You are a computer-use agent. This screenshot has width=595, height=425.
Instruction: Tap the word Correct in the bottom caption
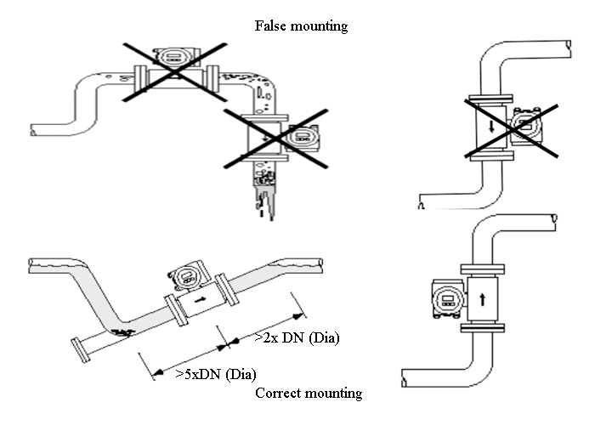point(279,394)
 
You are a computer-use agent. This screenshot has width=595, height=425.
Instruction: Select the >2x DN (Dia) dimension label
point(297,339)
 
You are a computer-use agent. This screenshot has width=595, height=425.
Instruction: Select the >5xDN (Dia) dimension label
point(216,373)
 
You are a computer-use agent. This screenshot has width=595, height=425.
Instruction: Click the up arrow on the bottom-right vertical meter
point(484,298)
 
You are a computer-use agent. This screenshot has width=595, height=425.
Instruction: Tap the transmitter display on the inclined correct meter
point(184,274)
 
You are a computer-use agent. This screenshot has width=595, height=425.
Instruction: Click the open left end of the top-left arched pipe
point(33,130)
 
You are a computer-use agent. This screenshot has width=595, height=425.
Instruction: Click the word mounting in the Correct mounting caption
point(334,394)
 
